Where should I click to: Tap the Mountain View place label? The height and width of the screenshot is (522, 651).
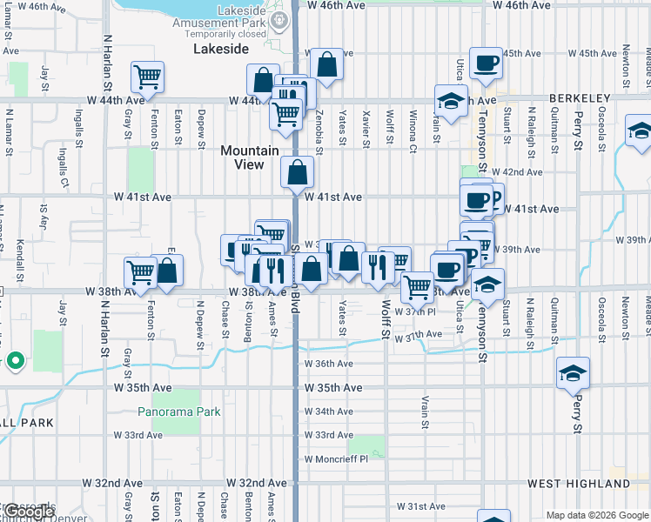tap(249, 157)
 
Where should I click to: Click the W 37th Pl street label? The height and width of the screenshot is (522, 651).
tap(414, 311)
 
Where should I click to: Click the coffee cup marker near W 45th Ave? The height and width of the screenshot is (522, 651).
tap(486, 64)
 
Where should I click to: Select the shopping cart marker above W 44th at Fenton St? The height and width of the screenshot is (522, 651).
tap(147, 77)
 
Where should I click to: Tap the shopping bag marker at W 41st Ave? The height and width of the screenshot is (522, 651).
tap(297, 173)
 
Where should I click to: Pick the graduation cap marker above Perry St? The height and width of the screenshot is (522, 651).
tap(573, 373)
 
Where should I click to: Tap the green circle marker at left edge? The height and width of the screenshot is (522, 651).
tap(15, 359)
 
